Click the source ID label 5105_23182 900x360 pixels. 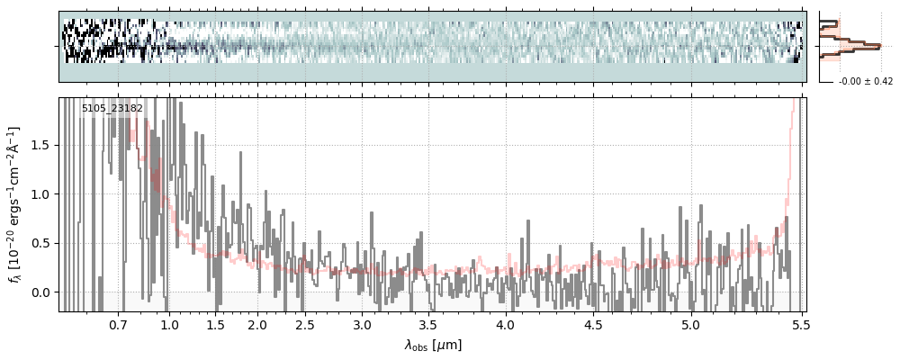(x=112, y=109)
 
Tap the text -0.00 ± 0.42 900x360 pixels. (x=865, y=82)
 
